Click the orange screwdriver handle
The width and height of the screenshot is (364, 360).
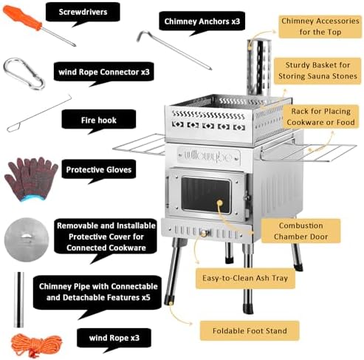22,17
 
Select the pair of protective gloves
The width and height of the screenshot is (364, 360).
31,179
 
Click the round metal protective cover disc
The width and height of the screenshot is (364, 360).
27,240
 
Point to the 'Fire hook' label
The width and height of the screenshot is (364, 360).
99,120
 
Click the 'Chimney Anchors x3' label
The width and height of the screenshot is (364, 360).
202,21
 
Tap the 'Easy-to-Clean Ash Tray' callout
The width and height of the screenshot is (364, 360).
245,278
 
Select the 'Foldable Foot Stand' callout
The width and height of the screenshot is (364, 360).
250,330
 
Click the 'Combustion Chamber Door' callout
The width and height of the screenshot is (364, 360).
301,231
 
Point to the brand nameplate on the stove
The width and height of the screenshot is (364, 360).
209,156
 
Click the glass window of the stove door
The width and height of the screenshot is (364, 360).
206,194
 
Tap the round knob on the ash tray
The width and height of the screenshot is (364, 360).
204,233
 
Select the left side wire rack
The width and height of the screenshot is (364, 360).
140,144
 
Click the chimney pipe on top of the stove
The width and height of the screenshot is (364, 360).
258,68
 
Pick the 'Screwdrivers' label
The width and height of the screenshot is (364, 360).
83,12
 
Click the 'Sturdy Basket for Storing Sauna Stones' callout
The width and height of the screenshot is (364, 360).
317,71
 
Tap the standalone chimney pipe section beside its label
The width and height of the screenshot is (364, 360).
18,299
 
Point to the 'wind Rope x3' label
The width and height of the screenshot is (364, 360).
114,338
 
